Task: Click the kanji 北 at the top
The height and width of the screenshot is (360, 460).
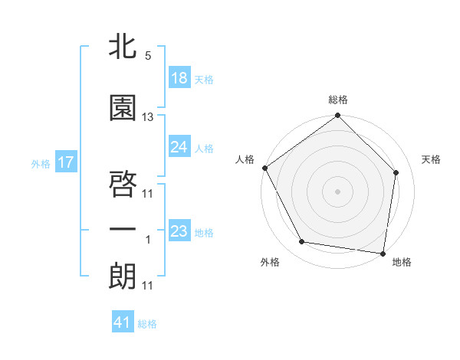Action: pos(123,47)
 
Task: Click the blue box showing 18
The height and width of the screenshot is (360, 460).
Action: pos(179,79)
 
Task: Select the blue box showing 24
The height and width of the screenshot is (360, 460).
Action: pos(179,147)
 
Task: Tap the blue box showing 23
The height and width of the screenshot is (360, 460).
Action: pos(179,231)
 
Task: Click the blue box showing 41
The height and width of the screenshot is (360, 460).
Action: pos(123,323)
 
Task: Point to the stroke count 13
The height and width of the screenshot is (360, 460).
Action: pos(148,117)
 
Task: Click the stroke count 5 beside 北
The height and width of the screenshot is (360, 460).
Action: pos(148,56)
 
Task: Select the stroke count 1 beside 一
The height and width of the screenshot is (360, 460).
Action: pos(148,240)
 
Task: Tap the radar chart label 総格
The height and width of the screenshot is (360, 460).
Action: pos(338,100)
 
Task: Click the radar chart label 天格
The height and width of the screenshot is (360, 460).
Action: pos(432,159)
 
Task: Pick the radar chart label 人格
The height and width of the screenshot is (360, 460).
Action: pos(245,159)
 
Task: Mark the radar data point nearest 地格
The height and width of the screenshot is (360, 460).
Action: pos(383,253)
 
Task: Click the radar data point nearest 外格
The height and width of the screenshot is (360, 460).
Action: pos(302,242)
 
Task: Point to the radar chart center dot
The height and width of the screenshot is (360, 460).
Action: pos(338,191)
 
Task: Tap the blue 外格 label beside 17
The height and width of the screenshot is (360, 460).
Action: pos(40,163)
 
